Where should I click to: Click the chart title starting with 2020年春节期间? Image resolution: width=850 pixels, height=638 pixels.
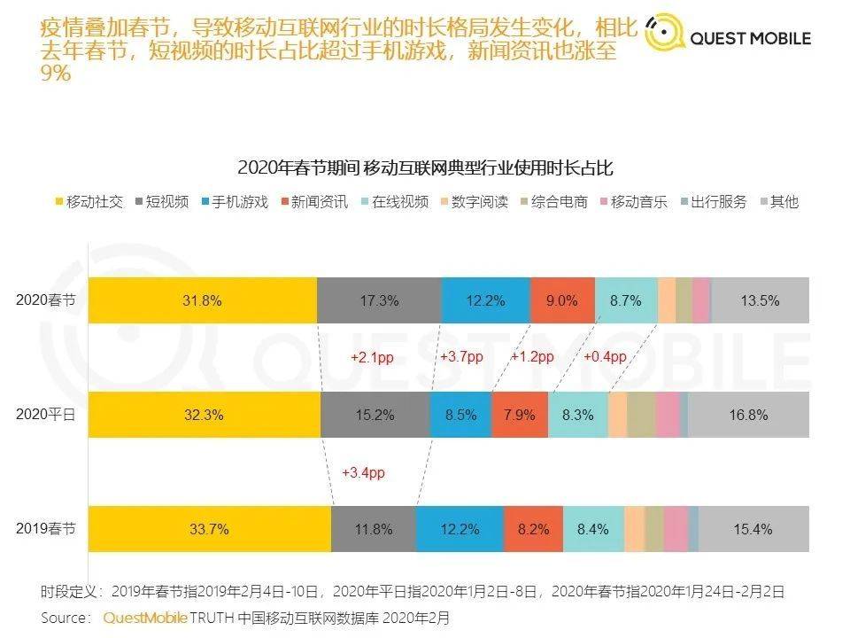[425, 167]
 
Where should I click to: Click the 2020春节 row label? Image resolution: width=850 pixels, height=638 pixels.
[46, 300]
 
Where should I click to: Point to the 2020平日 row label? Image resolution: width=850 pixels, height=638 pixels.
[46, 414]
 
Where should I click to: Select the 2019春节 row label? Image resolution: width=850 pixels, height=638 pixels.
[46, 529]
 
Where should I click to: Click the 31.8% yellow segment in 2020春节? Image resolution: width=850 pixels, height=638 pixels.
[203, 300]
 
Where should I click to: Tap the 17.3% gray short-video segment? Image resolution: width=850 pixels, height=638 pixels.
[379, 300]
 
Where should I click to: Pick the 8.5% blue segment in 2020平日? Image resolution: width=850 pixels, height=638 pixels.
[460, 415]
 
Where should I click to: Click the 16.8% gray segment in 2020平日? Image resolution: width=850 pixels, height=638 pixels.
[748, 415]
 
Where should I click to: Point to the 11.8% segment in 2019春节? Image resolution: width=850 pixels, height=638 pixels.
[374, 530]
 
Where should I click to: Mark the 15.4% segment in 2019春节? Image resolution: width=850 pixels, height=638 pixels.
[753, 530]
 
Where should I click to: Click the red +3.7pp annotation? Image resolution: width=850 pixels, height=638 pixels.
[461, 357]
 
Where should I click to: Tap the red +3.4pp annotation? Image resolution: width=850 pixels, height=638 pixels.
[363, 473]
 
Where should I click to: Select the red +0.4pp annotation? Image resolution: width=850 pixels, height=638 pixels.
[605, 357]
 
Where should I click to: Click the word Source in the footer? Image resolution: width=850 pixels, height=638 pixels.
[66, 617]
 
